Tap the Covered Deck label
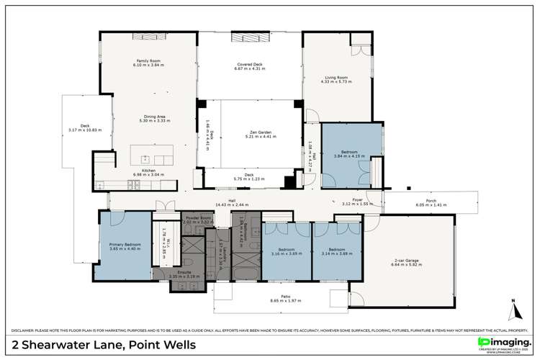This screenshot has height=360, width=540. (x=248, y=64)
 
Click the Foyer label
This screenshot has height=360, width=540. (x=356, y=201)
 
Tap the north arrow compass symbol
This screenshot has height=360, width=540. (x=514, y=311)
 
